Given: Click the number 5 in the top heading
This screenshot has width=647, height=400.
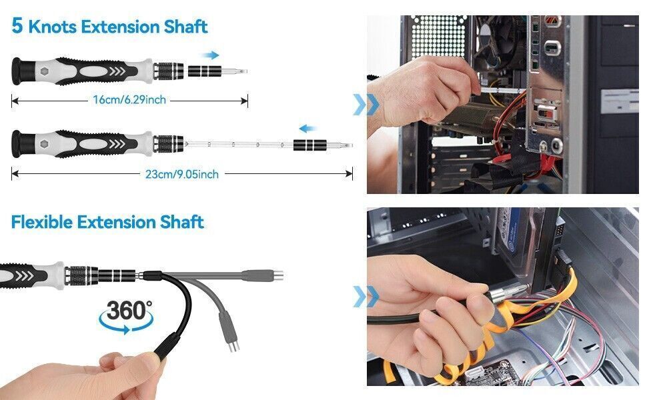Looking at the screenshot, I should (x=17, y=27).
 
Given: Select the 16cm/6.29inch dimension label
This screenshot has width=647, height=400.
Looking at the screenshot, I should (x=129, y=100).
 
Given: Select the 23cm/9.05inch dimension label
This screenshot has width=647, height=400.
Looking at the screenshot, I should (x=182, y=174).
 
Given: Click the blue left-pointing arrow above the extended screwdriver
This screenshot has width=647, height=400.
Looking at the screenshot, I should (x=307, y=129).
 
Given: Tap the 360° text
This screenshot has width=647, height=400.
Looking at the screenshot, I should (x=130, y=311).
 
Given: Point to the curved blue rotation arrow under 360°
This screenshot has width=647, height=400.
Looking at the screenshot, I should (x=123, y=325).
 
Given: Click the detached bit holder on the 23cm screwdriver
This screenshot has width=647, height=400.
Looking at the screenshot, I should (x=309, y=145).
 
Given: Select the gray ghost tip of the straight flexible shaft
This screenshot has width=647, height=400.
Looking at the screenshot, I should (x=269, y=275).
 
